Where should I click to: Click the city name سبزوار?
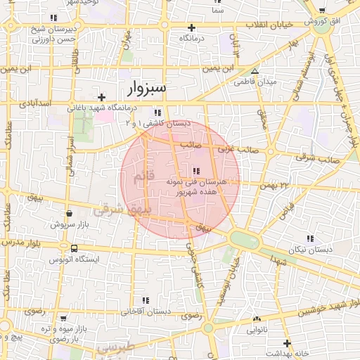pyautogui.click(x=147, y=89)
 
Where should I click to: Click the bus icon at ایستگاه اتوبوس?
pyautogui.click(x=75, y=247)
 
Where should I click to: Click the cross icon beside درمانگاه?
pyautogui.click(x=191, y=27)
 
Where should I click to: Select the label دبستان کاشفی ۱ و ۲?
pyautogui.click(x=157, y=123)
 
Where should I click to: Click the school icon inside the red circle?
pyautogui.click(x=195, y=171)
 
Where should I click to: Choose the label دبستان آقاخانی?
pyautogui.click(x=146, y=310)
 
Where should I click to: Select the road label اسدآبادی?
pyautogui.click(x=36, y=103)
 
